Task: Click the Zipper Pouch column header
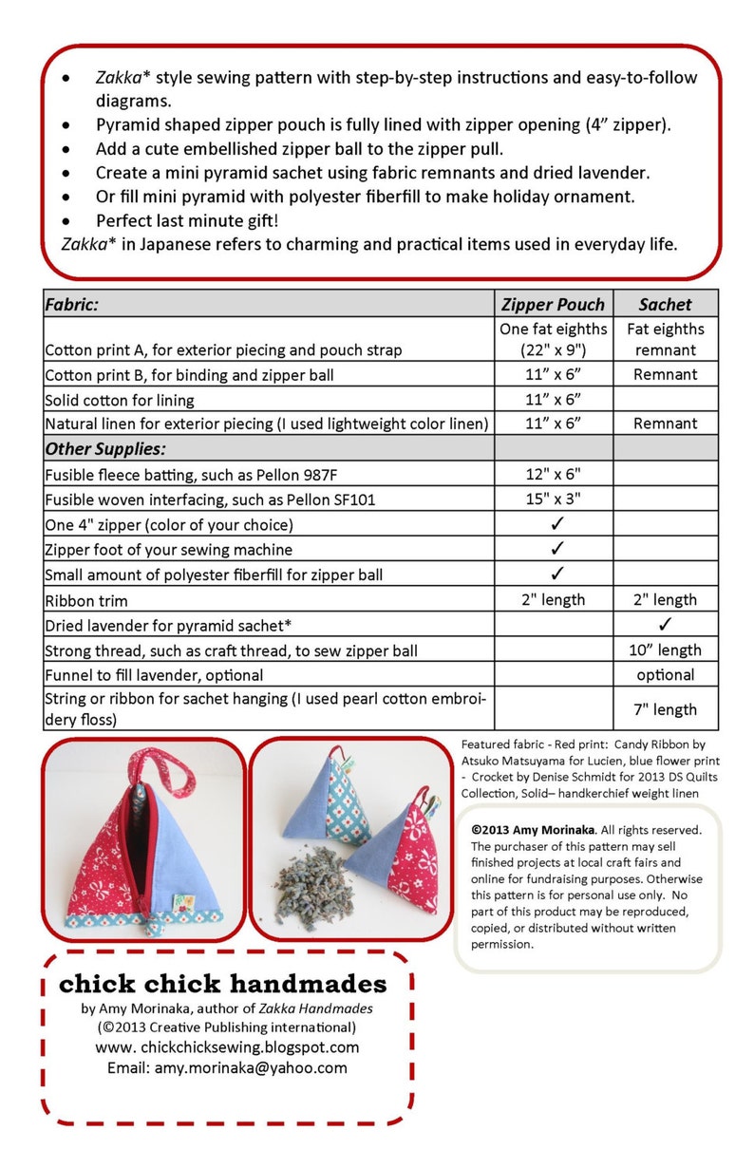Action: coord(554,304)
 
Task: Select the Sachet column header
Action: coord(665,304)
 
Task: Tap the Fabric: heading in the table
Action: coord(72,304)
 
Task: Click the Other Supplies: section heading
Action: coord(104,448)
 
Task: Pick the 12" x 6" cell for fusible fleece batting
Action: coord(554,474)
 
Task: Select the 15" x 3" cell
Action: coord(554,499)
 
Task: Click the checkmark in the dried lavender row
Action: coord(665,624)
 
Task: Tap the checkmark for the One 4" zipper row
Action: coord(557,523)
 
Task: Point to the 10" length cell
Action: coord(665,650)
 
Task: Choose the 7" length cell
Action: coord(665,709)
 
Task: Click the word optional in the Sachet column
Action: coord(665,675)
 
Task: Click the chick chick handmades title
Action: coord(223,983)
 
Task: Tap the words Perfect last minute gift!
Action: coord(187,220)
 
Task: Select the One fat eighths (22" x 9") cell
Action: coord(554,339)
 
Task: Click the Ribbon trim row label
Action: coord(86,600)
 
